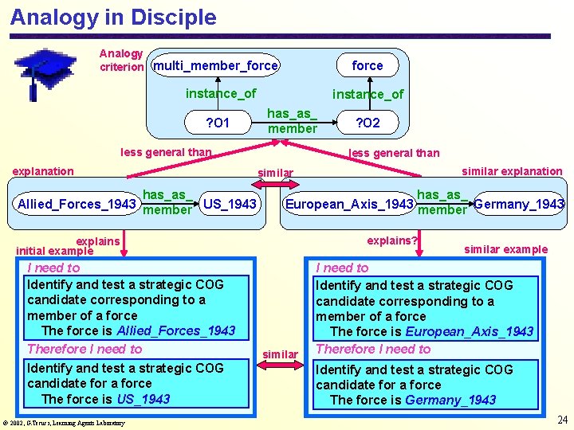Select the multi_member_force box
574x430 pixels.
tap(215, 65)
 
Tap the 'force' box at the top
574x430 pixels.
tap(368, 65)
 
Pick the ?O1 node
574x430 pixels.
tap(218, 123)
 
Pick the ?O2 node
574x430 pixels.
tap(368, 123)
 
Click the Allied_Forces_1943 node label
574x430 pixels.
tap(77, 205)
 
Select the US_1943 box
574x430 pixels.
tap(230, 204)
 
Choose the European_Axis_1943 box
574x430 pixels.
tap(349, 205)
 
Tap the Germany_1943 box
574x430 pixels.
tap(519, 205)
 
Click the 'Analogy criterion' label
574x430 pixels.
tap(121, 60)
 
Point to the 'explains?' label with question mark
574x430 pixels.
tap(392, 240)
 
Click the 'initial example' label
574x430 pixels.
tap(54, 251)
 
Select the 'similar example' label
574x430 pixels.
tap(505, 249)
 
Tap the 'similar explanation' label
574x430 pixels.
tap(512, 171)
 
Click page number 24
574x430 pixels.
tap(562, 420)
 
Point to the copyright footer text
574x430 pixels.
tap(63, 423)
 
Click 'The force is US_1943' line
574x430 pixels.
tap(105, 399)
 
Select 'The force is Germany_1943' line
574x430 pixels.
tap(413, 400)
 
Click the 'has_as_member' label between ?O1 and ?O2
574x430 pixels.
tap(292, 122)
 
